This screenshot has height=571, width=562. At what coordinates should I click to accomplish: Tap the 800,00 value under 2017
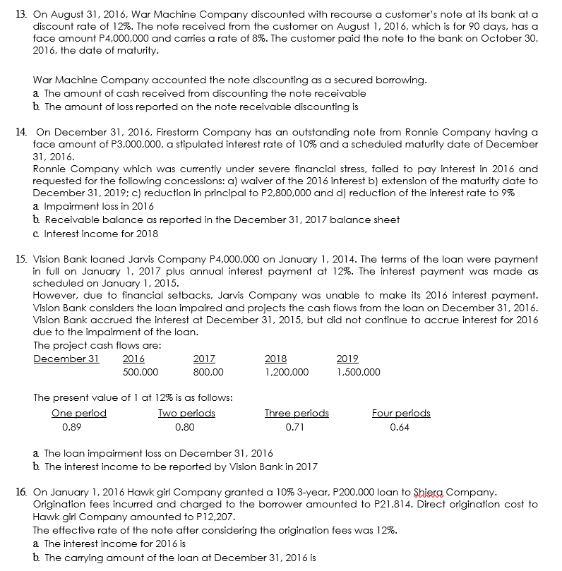point(209,372)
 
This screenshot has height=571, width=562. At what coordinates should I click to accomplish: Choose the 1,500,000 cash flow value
point(358,372)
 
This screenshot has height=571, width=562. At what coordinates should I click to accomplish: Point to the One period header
point(79,413)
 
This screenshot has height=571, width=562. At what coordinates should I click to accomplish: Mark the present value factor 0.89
point(71,426)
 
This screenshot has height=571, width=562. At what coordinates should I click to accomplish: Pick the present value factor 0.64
point(398,426)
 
